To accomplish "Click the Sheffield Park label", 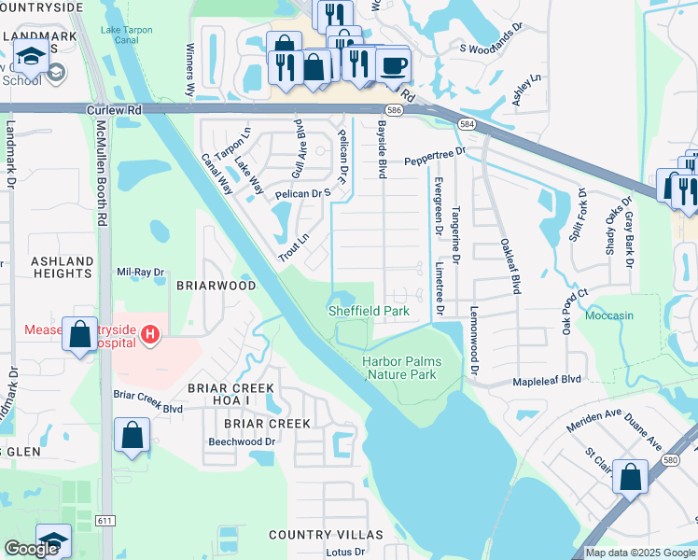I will pyautogui.click(x=369, y=310).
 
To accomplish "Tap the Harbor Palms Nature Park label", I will pyautogui.click(x=401, y=368).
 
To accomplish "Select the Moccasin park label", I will pyautogui.click(x=609, y=315).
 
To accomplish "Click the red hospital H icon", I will pyautogui.click(x=148, y=333).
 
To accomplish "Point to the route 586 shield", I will pyautogui.click(x=396, y=110).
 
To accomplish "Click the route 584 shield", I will pyautogui.click(x=466, y=123).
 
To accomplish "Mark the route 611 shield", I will pyautogui.click(x=105, y=519).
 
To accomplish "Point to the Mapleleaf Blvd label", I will pyautogui.click(x=547, y=381).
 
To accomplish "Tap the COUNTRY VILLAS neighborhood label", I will pyautogui.click(x=326, y=535).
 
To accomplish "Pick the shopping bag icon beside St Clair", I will pyautogui.click(x=632, y=476).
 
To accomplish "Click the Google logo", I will pyautogui.click(x=32, y=549).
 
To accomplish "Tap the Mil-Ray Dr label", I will pyautogui.click(x=140, y=273).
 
